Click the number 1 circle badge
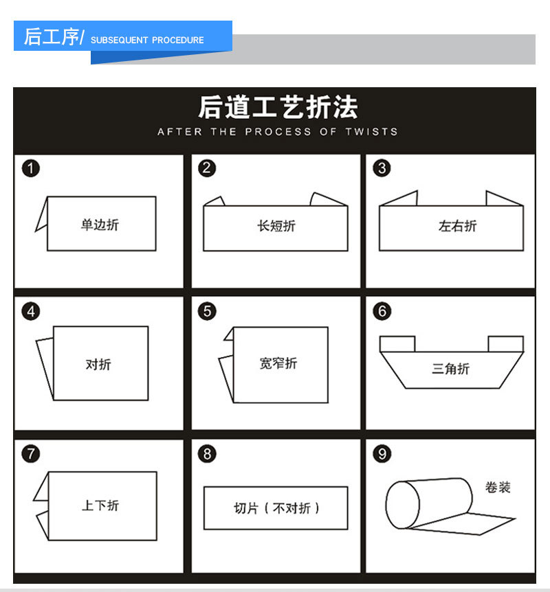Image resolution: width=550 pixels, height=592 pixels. [x=31, y=168]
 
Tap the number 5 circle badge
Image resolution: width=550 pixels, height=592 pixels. [x=207, y=311]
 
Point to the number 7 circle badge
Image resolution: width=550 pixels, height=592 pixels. [x=31, y=454]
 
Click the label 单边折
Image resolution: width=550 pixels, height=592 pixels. [x=100, y=225]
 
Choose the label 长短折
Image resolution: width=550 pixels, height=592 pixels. [x=276, y=226]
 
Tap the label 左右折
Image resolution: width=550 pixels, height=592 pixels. [x=457, y=226]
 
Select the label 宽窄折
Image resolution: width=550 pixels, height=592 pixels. [x=278, y=363]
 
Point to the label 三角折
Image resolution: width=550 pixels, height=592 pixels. [x=450, y=369]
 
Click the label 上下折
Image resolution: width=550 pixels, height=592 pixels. [x=100, y=505]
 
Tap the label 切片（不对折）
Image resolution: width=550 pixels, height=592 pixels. [x=276, y=508]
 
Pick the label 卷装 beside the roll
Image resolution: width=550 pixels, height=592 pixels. [x=498, y=488]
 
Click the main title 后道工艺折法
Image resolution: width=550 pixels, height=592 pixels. [x=277, y=108]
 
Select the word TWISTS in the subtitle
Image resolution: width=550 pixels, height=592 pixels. [x=371, y=131]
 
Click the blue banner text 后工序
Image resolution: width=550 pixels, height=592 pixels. [x=52, y=37]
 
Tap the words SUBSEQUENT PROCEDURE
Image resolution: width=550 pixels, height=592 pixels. [x=147, y=40]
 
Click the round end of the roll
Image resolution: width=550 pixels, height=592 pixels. [x=402, y=505]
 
